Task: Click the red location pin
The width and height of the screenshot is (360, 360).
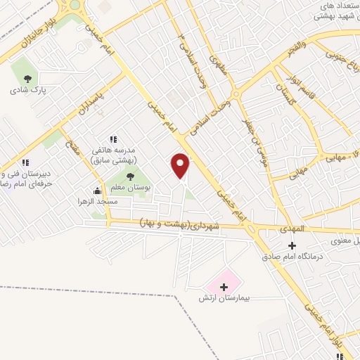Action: tap(181, 165)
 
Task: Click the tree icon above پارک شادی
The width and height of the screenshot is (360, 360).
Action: tap(27, 79)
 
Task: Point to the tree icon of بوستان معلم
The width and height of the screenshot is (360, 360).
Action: tap(129, 175)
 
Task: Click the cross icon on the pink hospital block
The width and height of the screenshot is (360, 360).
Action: tap(224, 286)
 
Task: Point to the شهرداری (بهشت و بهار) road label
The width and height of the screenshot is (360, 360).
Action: tap(179, 223)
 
